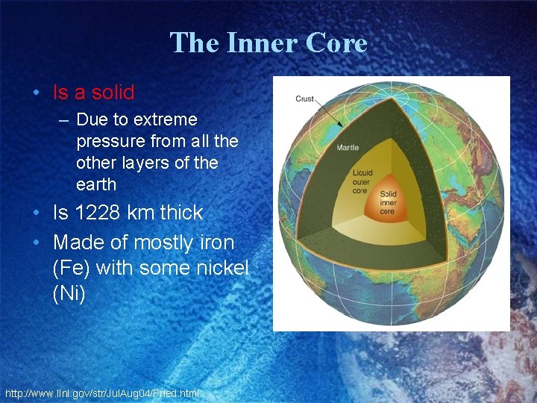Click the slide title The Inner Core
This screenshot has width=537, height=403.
click(x=268, y=43)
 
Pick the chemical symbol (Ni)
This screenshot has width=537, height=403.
click(x=69, y=293)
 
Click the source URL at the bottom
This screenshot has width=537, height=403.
click(x=102, y=393)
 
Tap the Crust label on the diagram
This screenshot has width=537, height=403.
click(x=304, y=99)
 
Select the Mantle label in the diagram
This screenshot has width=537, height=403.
click(x=347, y=147)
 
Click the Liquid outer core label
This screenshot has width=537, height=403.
click(x=362, y=181)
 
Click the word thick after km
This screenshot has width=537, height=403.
click(x=178, y=213)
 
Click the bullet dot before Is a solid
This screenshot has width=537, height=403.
click(x=37, y=93)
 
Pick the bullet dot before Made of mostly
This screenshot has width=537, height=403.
click(x=37, y=243)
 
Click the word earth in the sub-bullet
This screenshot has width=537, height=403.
click(x=96, y=184)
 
